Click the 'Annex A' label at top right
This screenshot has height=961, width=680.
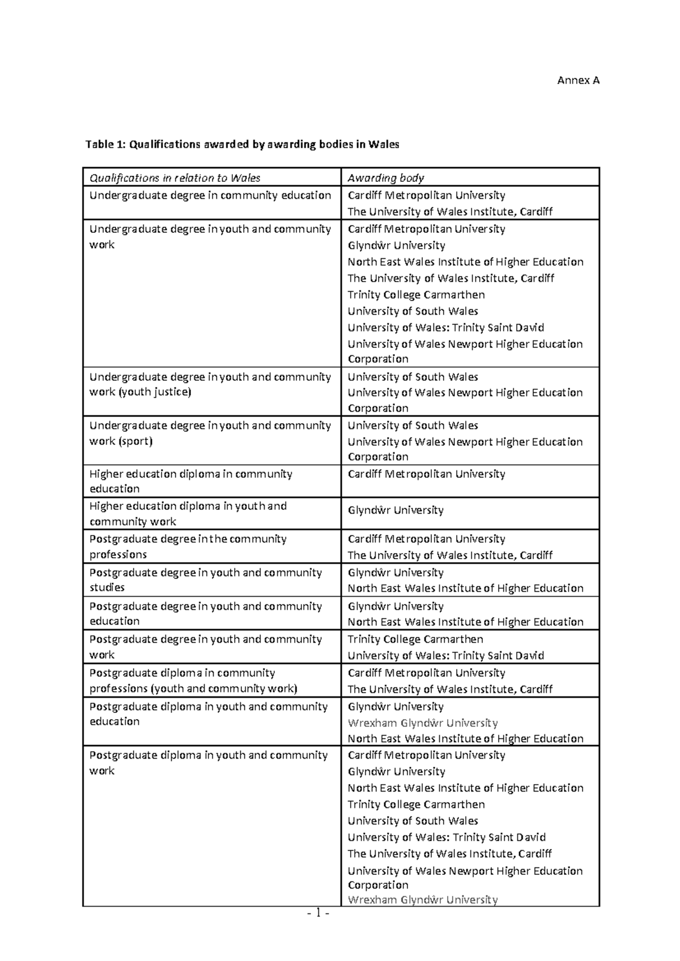pyautogui.click(x=578, y=80)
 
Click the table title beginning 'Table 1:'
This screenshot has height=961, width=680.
pyautogui.click(x=242, y=144)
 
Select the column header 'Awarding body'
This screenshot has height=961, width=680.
pyautogui.click(x=385, y=178)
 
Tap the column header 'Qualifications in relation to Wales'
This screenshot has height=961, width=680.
pyautogui.click(x=175, y=178)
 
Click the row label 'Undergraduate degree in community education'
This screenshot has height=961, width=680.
pyautogui.click(x=210, y=195)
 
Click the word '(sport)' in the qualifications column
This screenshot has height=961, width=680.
pyautogui.click(x=135, y=441)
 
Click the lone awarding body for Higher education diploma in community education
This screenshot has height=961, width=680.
pyautogui.click(x=426, y=474)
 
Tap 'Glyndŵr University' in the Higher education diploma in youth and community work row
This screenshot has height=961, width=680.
pyautogui.click(x=396, y=510)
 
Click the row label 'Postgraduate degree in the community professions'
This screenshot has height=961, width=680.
pyautogui.click(x=188, y=546)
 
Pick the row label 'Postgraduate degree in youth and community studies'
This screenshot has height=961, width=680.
pyautogui.click(x=205, y=580)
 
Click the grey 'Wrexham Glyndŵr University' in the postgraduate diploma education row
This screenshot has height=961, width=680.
pyautogui.click(x=423, y=723)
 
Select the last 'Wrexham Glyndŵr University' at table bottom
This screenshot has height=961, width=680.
pyautogui.click(x=423, y=900)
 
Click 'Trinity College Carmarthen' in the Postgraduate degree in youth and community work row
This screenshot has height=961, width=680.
pyautogui.click(x=415, y=639)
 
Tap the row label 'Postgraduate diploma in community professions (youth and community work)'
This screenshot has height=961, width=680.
pyautogui.click(x=193, y=681)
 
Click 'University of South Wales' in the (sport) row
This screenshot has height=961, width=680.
pyautogui.click(x=413, y=426)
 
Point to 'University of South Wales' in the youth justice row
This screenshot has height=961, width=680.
pyautogui.click(x=413, y=377)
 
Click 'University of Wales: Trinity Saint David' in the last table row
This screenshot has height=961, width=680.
pyautogui.click(x=447, y=837)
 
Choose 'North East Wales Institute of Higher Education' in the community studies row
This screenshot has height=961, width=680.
pyautogui.click(x=465, y=588)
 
